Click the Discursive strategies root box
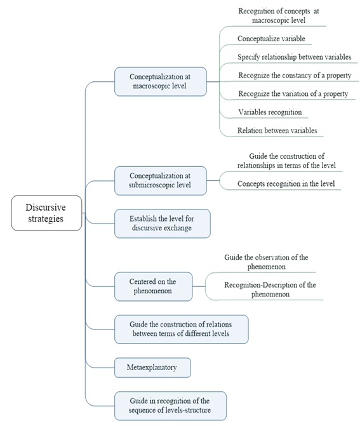(x=46, y=213)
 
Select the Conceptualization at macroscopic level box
(x=161, y=81)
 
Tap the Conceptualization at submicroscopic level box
(x=161, y=181)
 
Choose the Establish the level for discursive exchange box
(x=163, y=223)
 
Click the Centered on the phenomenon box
(x=154, y=286)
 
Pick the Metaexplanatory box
(x=152, y=368)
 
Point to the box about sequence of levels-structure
(x=170, y=406)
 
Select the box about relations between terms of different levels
(x=182, y=329)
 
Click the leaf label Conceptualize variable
(x=271, y=39)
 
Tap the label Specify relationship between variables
(x=294, y=57)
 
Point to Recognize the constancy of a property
(x=295, y=76)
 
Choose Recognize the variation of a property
(x=293, y=94)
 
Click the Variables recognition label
(x=270, y=112)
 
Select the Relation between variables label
(x=277, y=130)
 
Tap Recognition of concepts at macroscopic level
(x=279, y=15)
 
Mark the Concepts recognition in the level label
(x=286, y=183)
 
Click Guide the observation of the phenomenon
(x=266, y=262)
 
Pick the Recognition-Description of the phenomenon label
(x=270, y=290)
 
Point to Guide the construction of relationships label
(x=286, y=161)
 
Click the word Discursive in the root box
(x=46, y=208)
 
